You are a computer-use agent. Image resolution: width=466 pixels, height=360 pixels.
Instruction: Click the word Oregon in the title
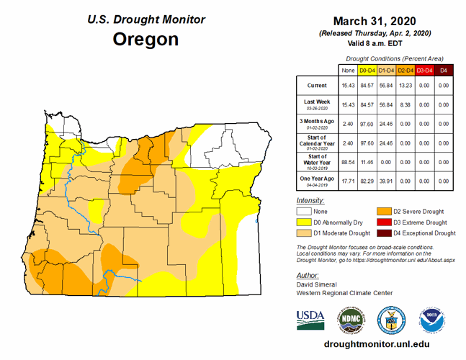click(x=145, y=39)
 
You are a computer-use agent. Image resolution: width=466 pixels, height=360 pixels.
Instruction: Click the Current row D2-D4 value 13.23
click(x=405, y=86)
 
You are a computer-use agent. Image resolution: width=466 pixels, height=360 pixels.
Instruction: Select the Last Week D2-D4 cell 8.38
click(x=405, y=104)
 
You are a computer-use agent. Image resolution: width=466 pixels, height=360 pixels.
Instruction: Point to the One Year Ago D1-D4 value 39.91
click(x=386, y=181)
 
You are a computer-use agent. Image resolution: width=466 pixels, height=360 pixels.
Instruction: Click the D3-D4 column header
click(x=424, y=70)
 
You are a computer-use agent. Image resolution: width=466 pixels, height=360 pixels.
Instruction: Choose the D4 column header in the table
click(x=444, y=70)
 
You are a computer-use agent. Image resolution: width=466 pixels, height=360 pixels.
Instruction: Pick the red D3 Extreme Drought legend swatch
click(x=385, y=222)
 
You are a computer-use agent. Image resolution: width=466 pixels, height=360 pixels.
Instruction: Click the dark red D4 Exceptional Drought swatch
click(x=385, y=233)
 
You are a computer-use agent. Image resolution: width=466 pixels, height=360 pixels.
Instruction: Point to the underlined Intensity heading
click(x=310, y=199)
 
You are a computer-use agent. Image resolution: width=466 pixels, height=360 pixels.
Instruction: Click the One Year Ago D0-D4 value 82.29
click(x=367, y=181)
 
